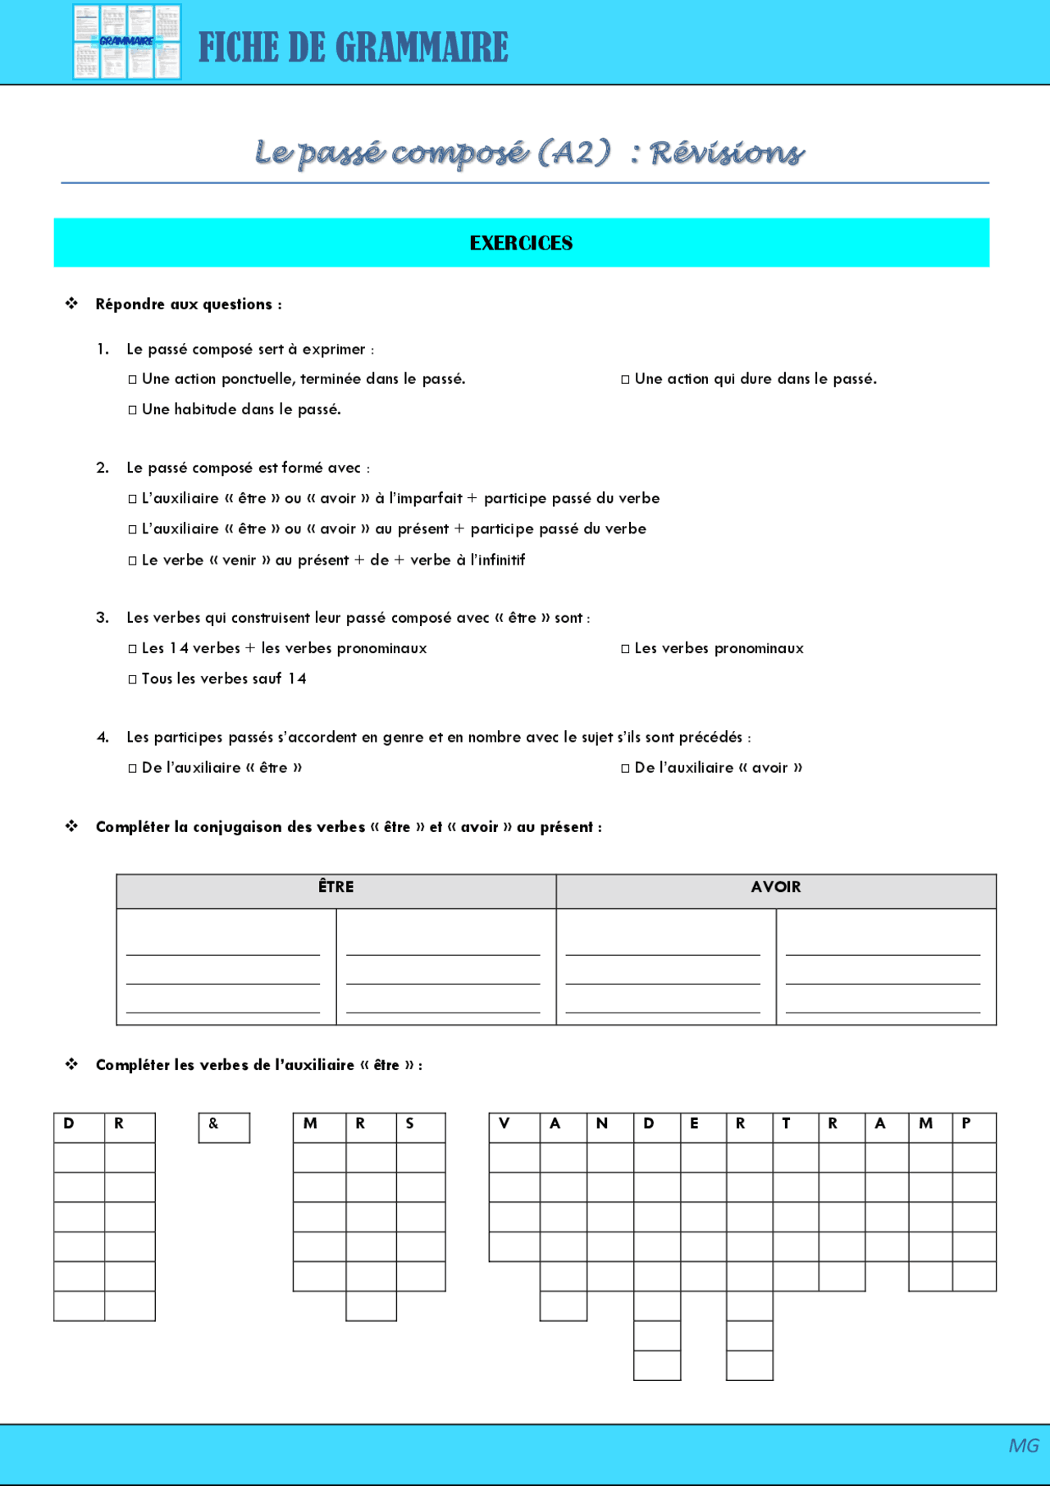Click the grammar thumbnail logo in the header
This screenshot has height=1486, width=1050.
point(127,42)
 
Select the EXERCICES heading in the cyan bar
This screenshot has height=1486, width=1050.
point(521,243)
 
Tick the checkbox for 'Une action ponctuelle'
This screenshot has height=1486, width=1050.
point(133,380)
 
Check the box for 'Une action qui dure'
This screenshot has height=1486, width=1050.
point(625,380)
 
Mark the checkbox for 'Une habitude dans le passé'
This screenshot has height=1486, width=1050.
point(133,410)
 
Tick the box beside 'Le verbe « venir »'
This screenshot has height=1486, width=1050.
point(133,561)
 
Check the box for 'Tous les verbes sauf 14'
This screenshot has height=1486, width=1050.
point(133,679)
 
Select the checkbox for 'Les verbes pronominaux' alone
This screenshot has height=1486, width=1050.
point(625,649)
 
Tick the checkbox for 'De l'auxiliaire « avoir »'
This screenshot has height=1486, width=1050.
point(625,769)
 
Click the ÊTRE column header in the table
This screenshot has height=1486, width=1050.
point(336,888)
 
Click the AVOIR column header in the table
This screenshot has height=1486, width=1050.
point(775,888)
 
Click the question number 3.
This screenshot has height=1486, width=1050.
point(103,618)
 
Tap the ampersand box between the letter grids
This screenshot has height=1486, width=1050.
point(224,1127)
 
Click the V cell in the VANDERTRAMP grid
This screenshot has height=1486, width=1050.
point(514,1127)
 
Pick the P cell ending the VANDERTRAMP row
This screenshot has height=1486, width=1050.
point(975,1127)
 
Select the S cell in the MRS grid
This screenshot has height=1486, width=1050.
point(421,1127)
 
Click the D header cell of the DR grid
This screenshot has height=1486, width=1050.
point(79,1127)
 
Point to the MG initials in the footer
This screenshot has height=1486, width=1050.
point(1023,1445)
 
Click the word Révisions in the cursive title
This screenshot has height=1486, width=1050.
point(727,153)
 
